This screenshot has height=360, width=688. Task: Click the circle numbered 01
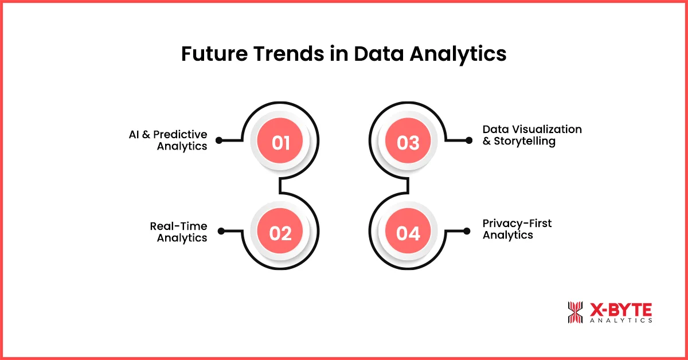pyautogui.click(x=280, y=142)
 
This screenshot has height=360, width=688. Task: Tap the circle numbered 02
pyautogui.click(x=280, y=233)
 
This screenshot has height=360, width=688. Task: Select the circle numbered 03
pyautogui.click(x=408, y=142)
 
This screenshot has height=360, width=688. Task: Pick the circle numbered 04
pyautogui.click(x=408, y=233)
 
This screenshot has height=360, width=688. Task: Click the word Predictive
pyautogui.click(x=182, y=135)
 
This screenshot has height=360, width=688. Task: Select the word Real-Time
pyautogui.click(x=178, y=226)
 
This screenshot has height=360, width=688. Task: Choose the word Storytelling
pyautogui.click(x=525, y=142)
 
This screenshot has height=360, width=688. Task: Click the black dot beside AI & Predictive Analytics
pyautogui.click(x=219, y=140)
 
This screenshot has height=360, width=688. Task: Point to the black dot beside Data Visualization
pyautogui.click(x=469, y=140)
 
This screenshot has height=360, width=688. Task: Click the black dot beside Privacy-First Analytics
pyautogui.click(x=469, y=232)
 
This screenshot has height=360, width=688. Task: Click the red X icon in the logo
pyautogui.click(x=574, y=312)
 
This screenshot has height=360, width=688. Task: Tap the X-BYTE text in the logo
pyautogui.click(x=620, y=310)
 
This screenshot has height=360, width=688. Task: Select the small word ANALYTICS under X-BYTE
pyautogui.click(x=620, y=321)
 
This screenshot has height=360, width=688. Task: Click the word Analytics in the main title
pyautogui.click(x=457, y=54)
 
